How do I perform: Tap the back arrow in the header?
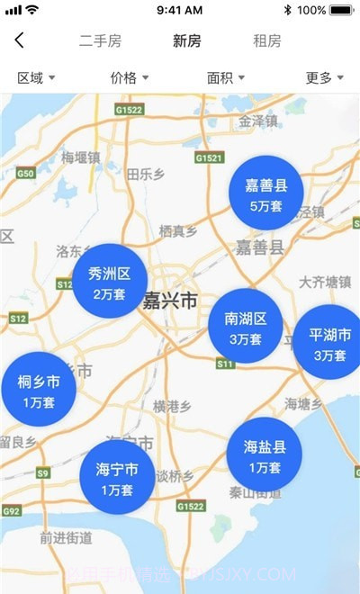pyautogui.click(x=20, y=40)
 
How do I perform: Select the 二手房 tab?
pyautogui.click(x=100, y=41)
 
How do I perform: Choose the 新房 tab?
pyautogui.click(x=187, y=41)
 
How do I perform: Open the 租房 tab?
pyautogui.click(x=267, y=41)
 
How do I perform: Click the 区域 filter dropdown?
pyautogui.click(x=36, y=78)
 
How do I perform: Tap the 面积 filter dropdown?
pyautogui.click(x=226, y=78)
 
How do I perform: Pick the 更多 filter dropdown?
pyautogui.click(x=324, y=78)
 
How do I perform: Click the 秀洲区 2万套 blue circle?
pyautogui.click(x=110, y=282)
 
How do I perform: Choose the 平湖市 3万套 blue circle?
pyautogui.click(x=329, y=343)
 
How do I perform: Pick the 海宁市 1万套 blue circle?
pyautogui.click(x=117, y=478)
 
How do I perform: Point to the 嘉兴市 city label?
pyautogui.click(x=170, y=301)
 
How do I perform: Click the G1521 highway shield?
pyautogui.click(x=208, y=157)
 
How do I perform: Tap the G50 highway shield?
pyautogui.click(x=25, y=173)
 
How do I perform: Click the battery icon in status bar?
pyautogui.click(x=341, y=10)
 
